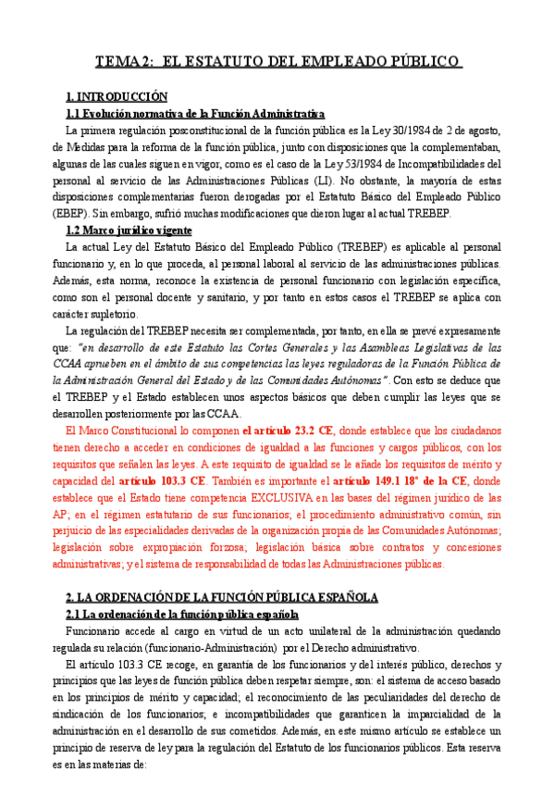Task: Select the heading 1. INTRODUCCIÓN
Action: [117, 97]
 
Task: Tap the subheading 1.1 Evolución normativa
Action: [194, 114]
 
